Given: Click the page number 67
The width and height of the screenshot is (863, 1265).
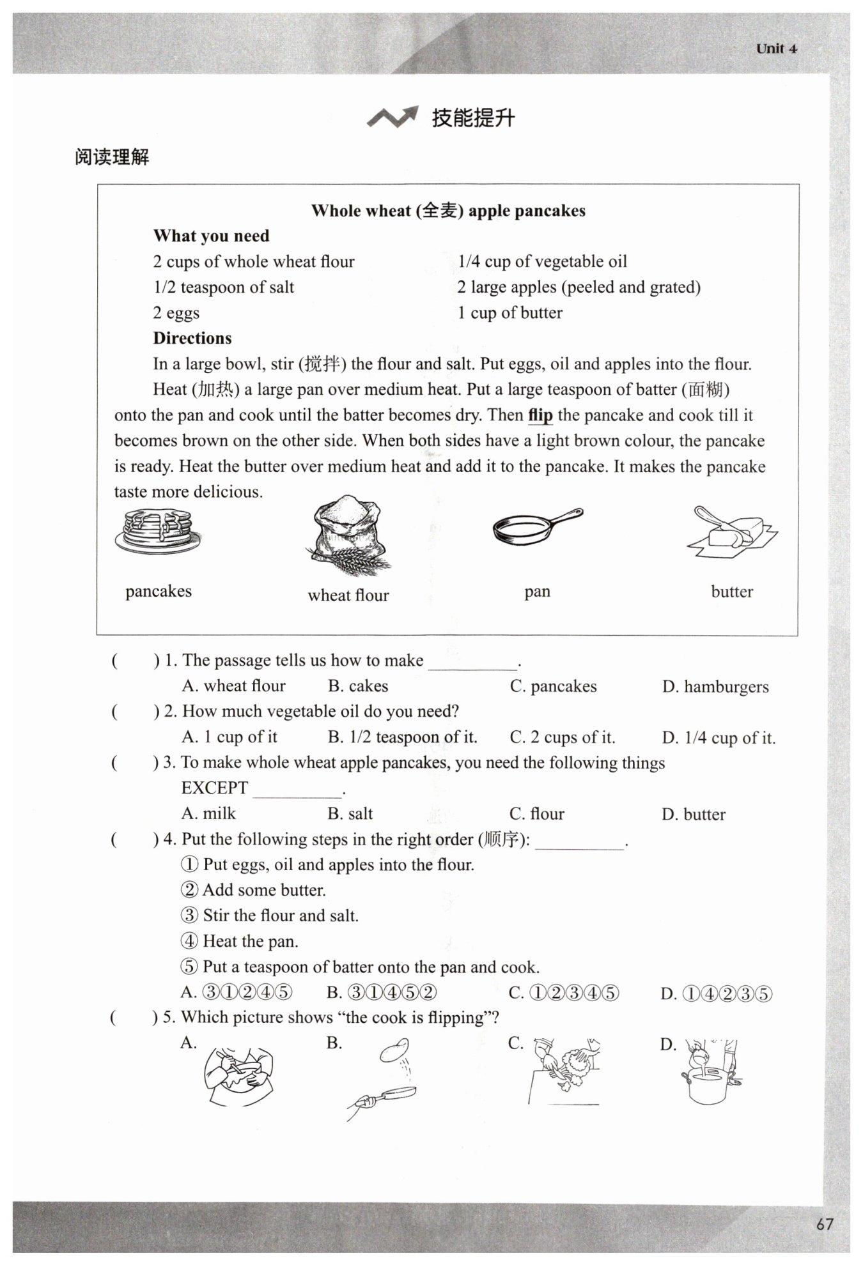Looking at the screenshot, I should tap(825, 1223).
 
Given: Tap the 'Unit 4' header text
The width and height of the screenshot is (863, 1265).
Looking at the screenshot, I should tap(776, 49).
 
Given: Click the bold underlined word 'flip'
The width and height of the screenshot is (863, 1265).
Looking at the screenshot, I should tap(540, 415).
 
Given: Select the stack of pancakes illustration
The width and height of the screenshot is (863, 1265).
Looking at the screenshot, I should tap(157, 531).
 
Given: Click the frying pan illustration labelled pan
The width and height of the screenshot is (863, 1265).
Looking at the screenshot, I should tap(537, 526).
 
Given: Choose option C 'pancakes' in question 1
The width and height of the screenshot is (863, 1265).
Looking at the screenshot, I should tap(554, 686).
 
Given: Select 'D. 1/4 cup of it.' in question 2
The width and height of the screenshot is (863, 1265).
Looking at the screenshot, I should tap(719, 738).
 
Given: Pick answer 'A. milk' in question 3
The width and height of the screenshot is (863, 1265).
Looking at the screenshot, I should tap(209, 813).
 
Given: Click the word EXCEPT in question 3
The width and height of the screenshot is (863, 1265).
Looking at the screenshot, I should tap(214, 788).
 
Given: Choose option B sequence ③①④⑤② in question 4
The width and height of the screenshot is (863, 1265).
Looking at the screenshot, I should tap(382, 992).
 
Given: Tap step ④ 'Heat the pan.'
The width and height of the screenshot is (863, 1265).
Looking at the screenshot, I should tap(240, 941).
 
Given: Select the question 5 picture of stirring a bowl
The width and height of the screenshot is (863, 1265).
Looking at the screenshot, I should tap(238, 1077).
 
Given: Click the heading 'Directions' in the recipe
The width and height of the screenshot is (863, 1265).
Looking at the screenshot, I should tap(192, 338).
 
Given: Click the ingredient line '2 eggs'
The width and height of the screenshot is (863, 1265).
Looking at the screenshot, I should tap(176, 313).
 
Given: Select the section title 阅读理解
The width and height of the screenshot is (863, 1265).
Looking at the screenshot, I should tap(112, 157).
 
